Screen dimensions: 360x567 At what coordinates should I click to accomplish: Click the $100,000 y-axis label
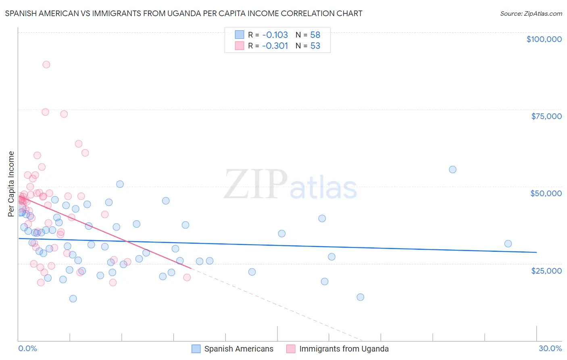click(544, 39)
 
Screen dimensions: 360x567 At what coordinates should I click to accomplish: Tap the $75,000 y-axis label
click(546, 116)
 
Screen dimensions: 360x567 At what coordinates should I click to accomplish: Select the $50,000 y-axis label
click(546, 193)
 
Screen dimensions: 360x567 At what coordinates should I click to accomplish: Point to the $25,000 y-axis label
click(546, 270)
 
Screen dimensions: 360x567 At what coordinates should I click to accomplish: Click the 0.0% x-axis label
click(27, 348)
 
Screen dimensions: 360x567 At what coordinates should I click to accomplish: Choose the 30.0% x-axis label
click(550, 348)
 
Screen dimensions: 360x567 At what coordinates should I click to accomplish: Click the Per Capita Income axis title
click(11, 184)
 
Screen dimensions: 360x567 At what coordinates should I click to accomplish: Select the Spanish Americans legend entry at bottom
click(238, 349)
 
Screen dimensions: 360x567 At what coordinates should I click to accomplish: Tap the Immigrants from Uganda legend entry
click(344, 349)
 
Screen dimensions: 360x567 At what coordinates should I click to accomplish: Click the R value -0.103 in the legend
click(275, 35)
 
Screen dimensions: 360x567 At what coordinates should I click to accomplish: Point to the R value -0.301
click(275, 46)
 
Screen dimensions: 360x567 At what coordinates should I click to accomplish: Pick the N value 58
click(315, 35)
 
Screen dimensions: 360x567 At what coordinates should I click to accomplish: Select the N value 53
click(315, 46)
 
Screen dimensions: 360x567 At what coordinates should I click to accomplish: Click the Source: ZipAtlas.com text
click(531, 13)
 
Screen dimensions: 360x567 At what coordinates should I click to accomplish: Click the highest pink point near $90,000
click(46, 65)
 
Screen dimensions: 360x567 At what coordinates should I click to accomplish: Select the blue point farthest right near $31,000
click(508, 244)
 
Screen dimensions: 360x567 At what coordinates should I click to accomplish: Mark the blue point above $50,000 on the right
click(452, 170)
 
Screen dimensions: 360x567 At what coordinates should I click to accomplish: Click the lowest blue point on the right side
click(361, 297)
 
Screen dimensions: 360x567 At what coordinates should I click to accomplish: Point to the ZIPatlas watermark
click(290, 185)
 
